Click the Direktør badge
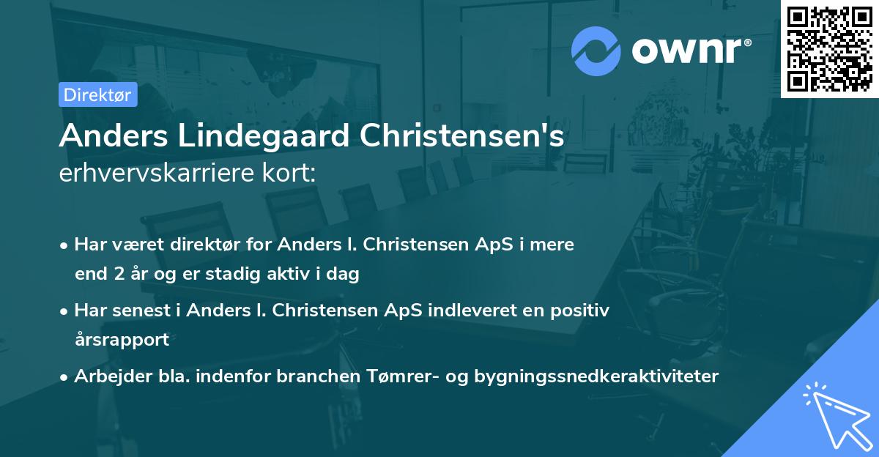97,94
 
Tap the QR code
829,48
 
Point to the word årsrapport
122,339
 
